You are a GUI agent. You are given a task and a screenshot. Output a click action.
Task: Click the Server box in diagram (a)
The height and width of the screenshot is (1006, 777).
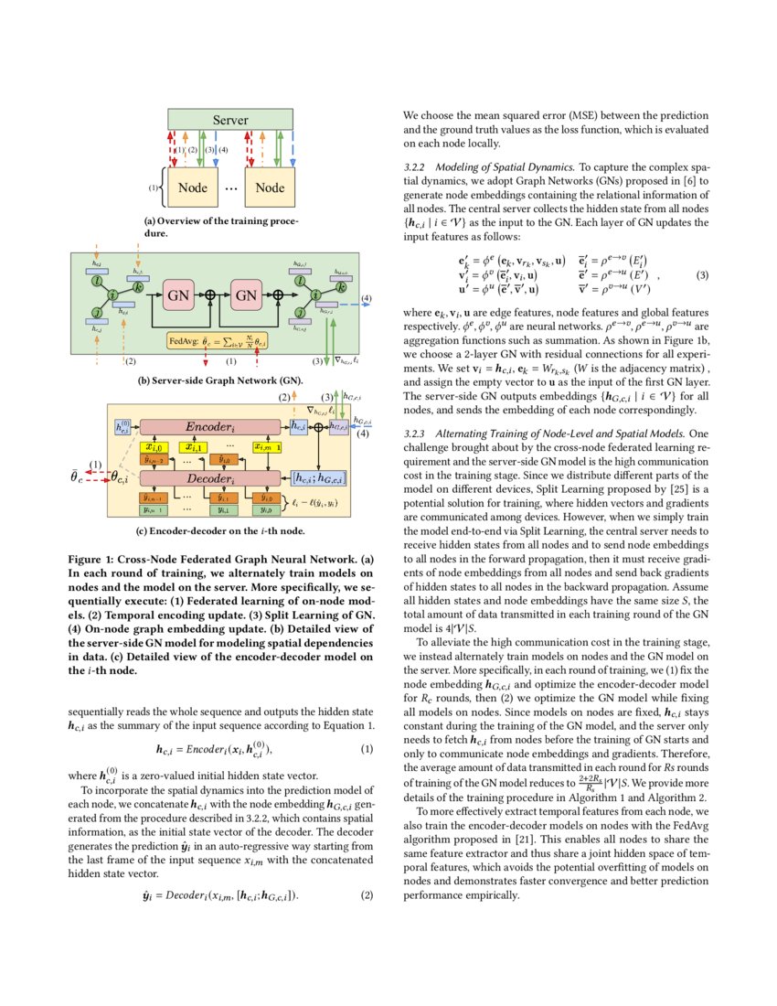coord(231,120)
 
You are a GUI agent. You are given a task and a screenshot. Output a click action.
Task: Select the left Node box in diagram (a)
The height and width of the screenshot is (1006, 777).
coord(192,187)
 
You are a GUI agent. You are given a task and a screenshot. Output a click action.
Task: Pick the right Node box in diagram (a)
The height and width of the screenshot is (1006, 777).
coord(270,187)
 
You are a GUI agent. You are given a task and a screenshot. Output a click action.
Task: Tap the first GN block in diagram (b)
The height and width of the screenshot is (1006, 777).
coord(179,295)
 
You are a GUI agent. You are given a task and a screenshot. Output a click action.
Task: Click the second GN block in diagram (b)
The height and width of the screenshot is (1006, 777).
coord(247,295)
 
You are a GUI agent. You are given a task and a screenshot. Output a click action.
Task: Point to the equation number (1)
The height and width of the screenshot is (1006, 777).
coord(367,750)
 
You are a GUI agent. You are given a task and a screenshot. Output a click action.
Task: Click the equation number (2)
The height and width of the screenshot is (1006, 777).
coord(367,895)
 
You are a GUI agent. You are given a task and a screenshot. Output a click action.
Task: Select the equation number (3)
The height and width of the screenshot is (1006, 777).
coord(702,274)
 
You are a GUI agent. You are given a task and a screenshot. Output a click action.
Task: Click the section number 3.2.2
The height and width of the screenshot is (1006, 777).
coord(416,168)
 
